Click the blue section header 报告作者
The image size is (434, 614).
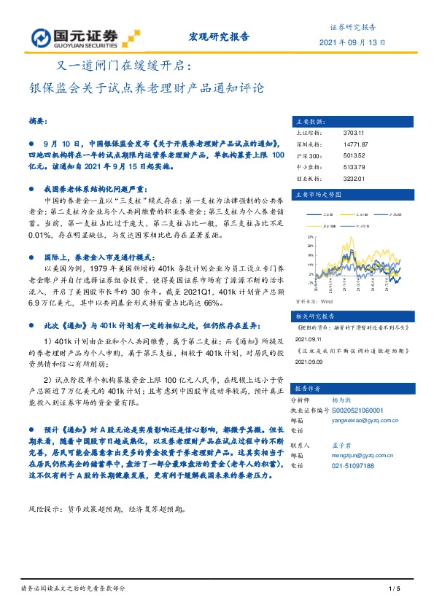coord(306,389)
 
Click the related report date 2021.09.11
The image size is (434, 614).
coord(308,339)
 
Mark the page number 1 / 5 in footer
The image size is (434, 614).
coord(396,589)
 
